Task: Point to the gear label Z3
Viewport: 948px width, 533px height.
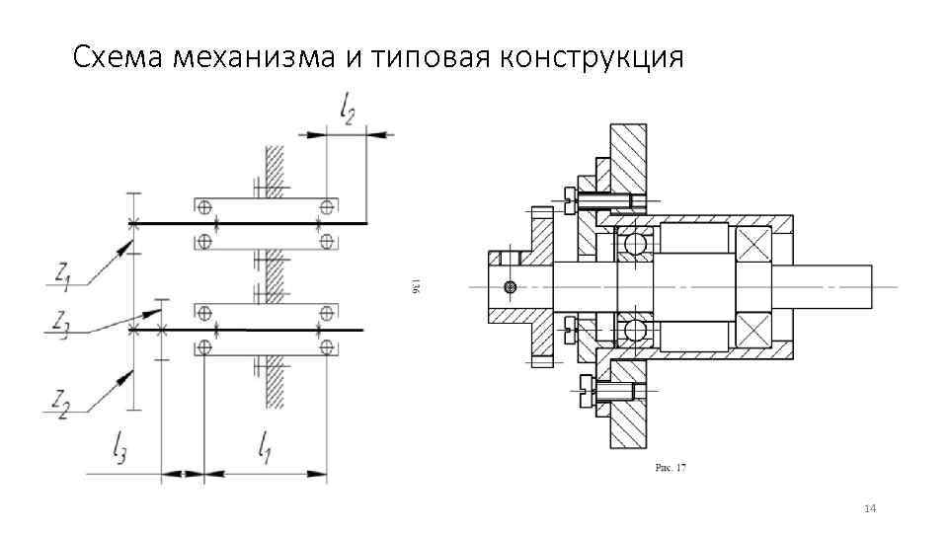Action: click(x=60, y=323)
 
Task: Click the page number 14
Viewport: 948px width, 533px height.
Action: click(x=870, y=508)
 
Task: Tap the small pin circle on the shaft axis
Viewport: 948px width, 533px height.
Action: click(x=510, y=287)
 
